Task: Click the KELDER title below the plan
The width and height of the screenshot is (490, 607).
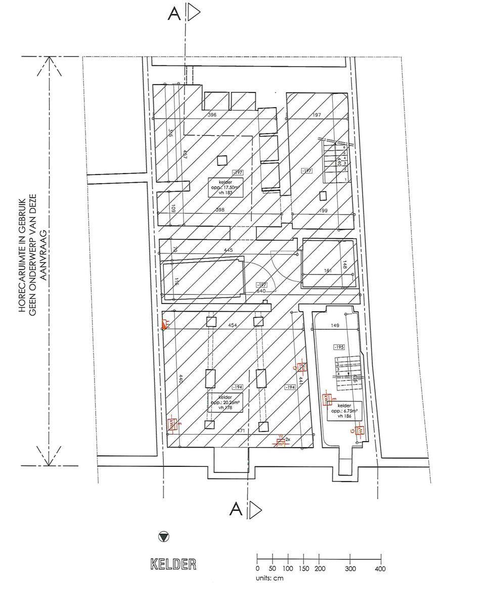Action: (173, 565)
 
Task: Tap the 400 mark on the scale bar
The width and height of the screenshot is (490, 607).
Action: (380, 569)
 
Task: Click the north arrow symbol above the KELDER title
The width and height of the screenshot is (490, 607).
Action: (163, 537)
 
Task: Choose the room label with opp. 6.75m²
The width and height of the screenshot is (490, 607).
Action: (344, 411)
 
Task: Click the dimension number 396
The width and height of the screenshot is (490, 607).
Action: (212, 115)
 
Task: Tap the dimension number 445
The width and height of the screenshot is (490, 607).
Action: (229, 250)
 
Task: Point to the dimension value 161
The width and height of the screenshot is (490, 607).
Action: (328, 271)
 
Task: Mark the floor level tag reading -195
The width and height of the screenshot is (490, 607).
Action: (338, 347)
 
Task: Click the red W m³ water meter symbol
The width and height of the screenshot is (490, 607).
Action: (280, 441)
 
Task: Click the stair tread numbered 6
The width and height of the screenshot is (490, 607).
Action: (344, 147)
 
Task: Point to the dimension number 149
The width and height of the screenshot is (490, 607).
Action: (335, 326)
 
